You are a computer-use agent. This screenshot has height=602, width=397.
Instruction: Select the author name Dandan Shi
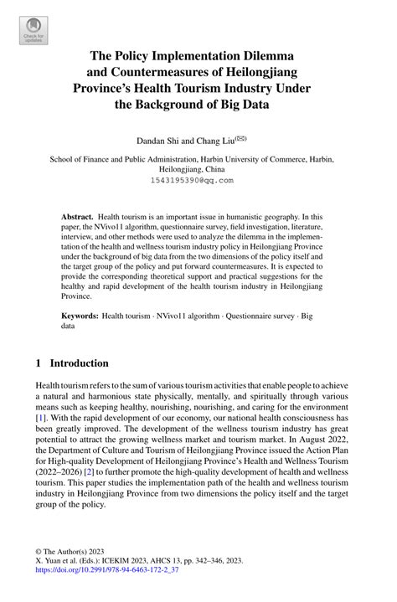158,140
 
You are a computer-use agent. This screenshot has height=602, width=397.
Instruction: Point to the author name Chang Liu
214,140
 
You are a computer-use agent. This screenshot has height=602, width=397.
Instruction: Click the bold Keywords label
80,293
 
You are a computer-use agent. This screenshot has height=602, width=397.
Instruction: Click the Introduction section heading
80,363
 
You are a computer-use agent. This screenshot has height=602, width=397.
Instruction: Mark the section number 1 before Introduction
39,363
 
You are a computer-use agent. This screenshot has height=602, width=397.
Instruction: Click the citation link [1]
40,418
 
